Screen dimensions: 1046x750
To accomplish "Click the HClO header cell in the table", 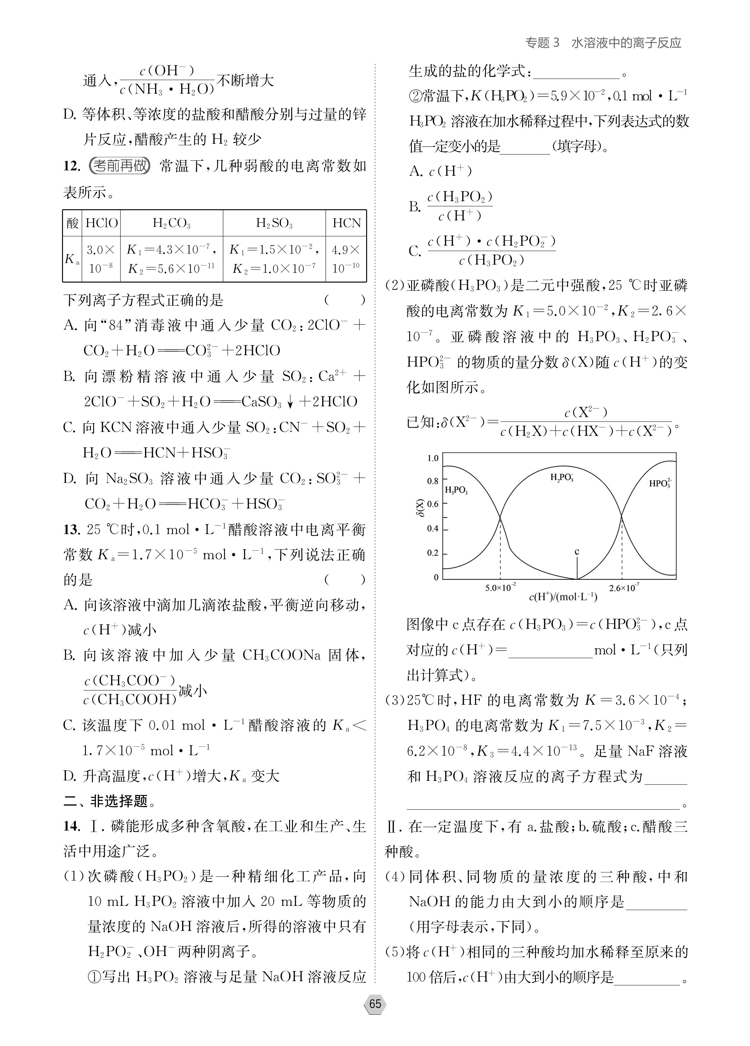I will pos(101,223).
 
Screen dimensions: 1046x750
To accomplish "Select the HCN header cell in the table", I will pos(346,223).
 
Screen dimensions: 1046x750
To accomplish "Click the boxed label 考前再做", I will pos(120,166).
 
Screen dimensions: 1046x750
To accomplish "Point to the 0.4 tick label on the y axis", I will pos(433,529).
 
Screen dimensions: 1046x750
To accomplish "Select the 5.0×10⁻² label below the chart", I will pos(500,588).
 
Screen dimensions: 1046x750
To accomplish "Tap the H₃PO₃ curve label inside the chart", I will pos(456,491).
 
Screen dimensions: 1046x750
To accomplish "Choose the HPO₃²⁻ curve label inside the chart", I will pos(660,483).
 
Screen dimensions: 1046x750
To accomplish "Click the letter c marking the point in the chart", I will pos(577,552).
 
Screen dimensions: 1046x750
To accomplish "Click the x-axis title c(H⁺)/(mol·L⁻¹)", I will pos(563,597).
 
